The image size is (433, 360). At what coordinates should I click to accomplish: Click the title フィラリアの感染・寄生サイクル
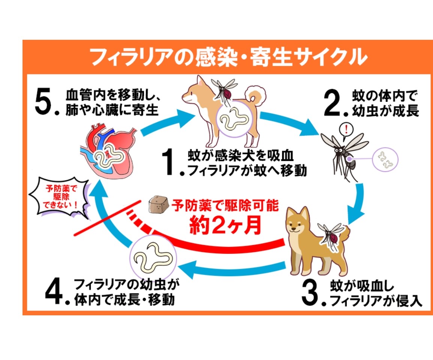click(229, 57)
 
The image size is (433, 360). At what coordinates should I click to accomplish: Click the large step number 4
click(55, 291)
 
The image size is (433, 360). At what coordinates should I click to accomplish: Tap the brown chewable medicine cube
click(158, 205)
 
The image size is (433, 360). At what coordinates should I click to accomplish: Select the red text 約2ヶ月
click(226, 225)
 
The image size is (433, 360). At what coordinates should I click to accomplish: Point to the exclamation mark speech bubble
click(346, 130)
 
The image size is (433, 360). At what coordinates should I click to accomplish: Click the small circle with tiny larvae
click(385, 160)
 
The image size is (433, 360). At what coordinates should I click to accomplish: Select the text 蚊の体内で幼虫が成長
click(385, 103)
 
